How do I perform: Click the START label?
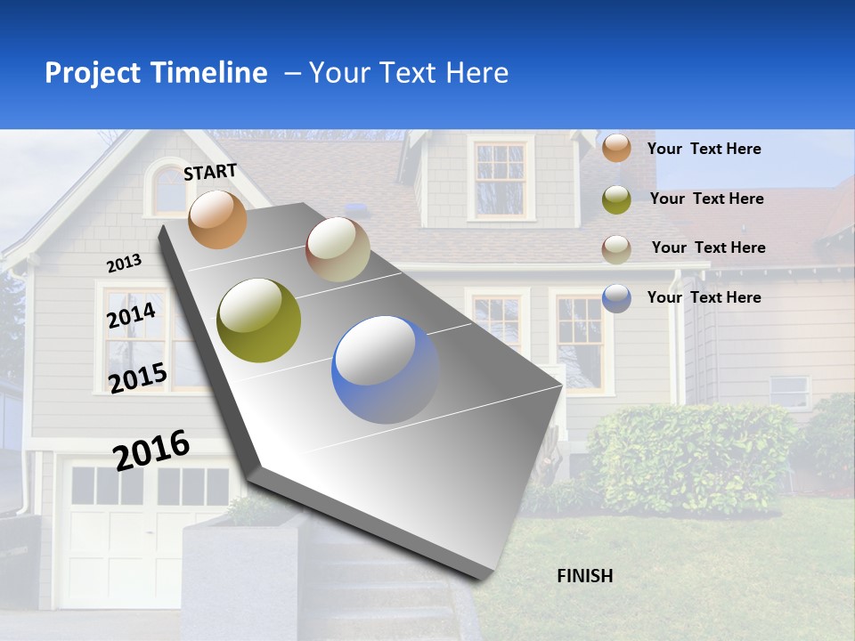tap(210, 172)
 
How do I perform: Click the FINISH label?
tap(585, 576)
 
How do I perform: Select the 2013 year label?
tap(124, 264)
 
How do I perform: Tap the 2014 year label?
tap(131, 316)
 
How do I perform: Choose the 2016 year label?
tap(151, 450)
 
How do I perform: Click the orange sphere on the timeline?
tap(217, 219)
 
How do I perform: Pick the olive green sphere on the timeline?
tap(259, 320)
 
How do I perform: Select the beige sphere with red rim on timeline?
tap(338, 249)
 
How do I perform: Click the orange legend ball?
tap(616, 149)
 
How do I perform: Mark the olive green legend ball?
tap(616, 199)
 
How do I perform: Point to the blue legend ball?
tap(616, 298)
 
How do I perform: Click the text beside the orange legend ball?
tap(704, 149)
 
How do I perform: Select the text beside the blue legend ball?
tap(704, 297)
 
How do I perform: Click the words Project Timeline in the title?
tap(156, 73)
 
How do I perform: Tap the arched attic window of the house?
tap(169, 189)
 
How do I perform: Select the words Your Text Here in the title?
tap(409, 73)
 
